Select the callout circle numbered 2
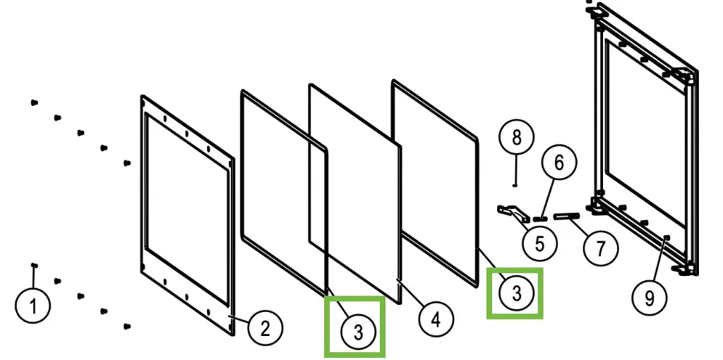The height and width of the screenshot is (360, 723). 263,328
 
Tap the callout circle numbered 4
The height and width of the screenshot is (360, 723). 436,320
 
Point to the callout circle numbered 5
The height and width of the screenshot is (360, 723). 539,244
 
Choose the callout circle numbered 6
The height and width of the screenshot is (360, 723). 558,163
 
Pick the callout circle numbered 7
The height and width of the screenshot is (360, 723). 601,248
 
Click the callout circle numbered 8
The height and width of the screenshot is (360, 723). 517,138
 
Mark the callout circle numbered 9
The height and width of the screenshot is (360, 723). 650,298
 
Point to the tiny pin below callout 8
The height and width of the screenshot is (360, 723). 516,186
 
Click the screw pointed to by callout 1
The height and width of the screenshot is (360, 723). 34,265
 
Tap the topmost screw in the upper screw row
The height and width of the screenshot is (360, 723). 33,103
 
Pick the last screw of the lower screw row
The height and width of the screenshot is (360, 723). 127,326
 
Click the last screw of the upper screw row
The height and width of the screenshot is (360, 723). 127,163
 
